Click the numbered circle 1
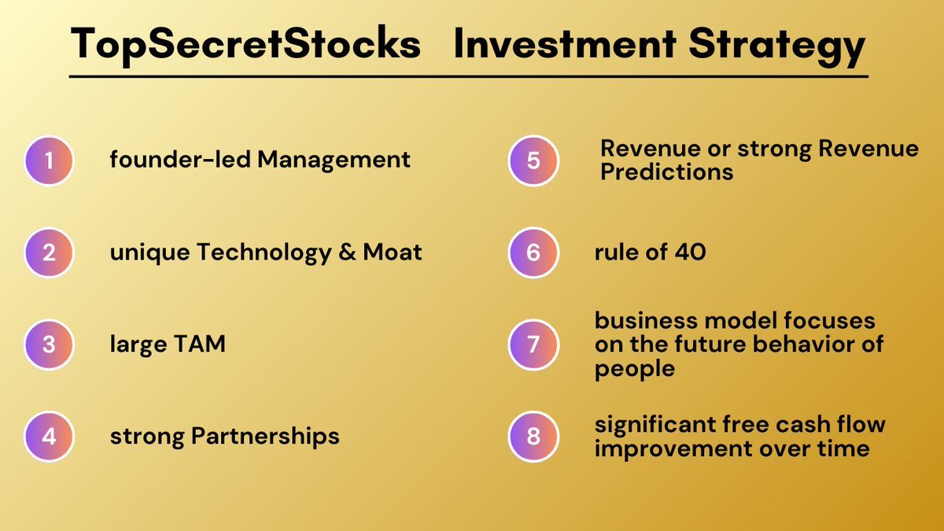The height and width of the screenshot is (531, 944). coord(49,160)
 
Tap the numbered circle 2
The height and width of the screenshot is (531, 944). coord(49,253)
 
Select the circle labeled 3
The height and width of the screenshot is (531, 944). coord(49,345)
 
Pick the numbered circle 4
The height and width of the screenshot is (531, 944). coord(49,436)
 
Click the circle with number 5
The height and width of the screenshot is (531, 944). coord(533,160)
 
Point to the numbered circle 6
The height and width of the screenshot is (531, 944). coord(533,253)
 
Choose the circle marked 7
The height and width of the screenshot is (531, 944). coord(533,345)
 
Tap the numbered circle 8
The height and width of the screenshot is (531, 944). coord(533,436)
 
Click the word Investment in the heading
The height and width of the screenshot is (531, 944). coord(565,43)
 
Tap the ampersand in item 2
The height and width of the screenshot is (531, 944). coord(347,252)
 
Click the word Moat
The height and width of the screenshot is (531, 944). coord(393,252)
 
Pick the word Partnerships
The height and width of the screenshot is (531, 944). coord(265,436)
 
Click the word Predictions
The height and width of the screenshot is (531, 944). coord(667,173)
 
